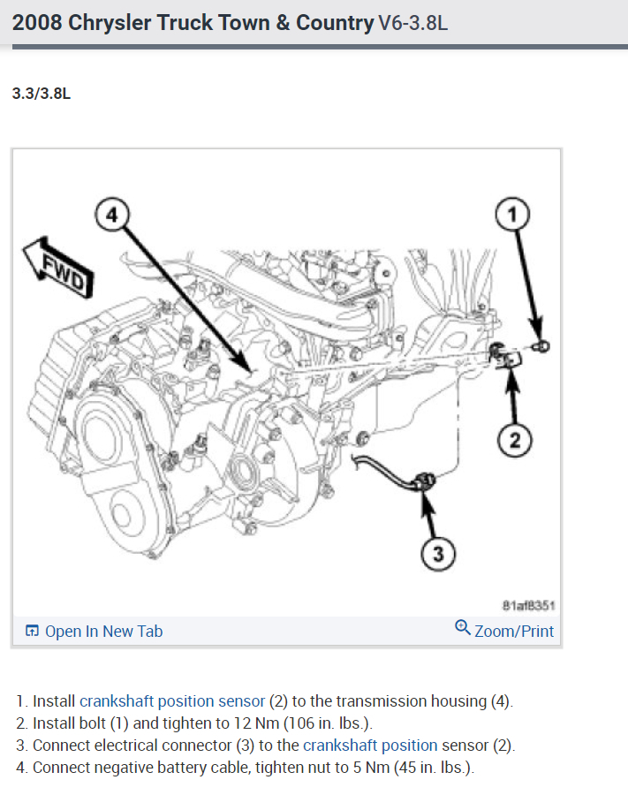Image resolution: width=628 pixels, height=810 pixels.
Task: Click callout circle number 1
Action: pos(517,213)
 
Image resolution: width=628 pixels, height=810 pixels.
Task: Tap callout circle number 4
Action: pos(112,215)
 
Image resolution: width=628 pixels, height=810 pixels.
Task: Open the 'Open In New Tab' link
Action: pos(103,631)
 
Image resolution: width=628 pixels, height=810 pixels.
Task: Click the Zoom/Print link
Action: pos(514,631)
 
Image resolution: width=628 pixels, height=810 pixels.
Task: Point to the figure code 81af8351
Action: pos(527,605)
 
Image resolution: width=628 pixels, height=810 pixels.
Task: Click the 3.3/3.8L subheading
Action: pos(41,94)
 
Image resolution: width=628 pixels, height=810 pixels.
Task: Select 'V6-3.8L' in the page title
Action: pos(413,23)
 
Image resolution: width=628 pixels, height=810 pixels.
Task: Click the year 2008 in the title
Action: pos(37,23)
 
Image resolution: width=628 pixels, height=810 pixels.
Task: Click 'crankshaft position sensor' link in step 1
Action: pos(172,701)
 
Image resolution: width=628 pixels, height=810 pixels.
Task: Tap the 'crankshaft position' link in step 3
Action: pos(370,745)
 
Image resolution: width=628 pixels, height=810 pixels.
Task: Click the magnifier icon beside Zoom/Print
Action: pos(462,628)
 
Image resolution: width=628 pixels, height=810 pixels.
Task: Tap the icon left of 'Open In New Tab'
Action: pos(32,631)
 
